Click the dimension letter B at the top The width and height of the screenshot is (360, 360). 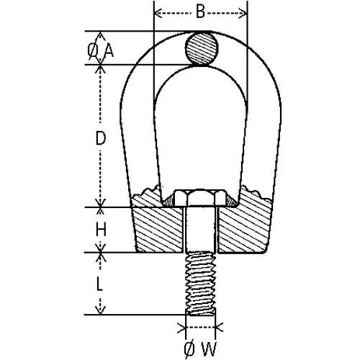[201, 12]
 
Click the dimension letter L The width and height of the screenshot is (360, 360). [101, 284]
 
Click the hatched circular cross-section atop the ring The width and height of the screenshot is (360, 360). [201, 49]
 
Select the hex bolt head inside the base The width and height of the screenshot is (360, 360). [200, 197]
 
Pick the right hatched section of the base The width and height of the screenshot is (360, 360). [245, 227]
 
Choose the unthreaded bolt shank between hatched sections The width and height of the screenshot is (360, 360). [200, 230]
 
